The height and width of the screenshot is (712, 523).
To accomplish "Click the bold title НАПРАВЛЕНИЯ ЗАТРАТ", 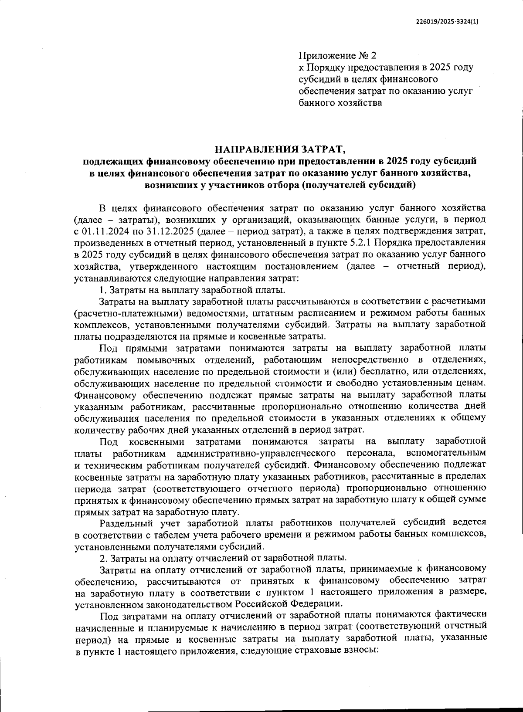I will (280, 150).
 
